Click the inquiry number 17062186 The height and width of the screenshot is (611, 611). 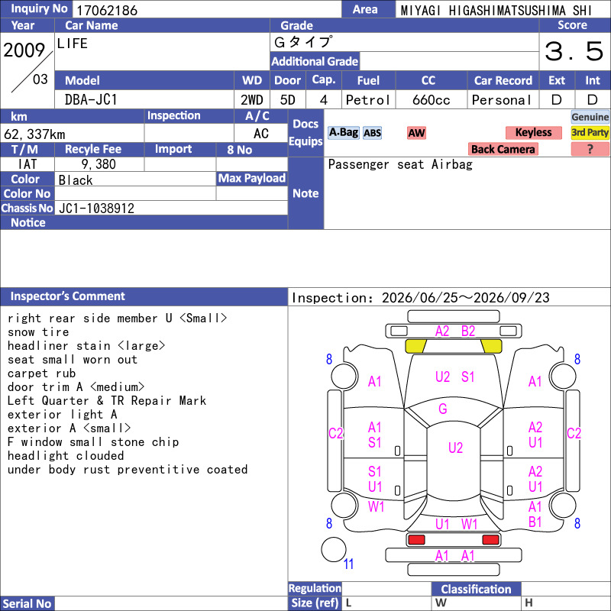point(107,10)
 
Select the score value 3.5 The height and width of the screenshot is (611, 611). point(574,51)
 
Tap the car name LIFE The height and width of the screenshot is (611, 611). point(72,44)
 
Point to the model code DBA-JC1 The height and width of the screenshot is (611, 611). point(91,100)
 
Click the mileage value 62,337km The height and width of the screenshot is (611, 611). point(34,134)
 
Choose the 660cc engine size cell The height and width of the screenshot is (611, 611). point(431,100)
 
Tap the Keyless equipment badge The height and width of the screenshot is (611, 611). point(533,132)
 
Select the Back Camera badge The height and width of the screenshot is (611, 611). point(503,149)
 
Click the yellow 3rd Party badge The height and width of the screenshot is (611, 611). point(590,132)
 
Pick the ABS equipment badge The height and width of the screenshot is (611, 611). point(372,133)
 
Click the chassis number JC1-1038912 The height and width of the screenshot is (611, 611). point(96,209)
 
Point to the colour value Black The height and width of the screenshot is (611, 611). point(76,180)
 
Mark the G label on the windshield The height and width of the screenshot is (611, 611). point(443,409)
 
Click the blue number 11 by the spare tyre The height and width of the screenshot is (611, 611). point(348,564)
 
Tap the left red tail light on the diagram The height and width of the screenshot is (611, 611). point(416,540)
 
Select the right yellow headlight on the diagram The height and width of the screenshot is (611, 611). point(492,346)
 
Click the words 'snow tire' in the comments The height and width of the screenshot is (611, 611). point(38,332)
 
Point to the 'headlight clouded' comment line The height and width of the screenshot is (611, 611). point(66,455)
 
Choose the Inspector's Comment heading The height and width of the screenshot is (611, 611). point(67,296)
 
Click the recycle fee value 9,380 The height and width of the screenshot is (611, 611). point(99,164)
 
